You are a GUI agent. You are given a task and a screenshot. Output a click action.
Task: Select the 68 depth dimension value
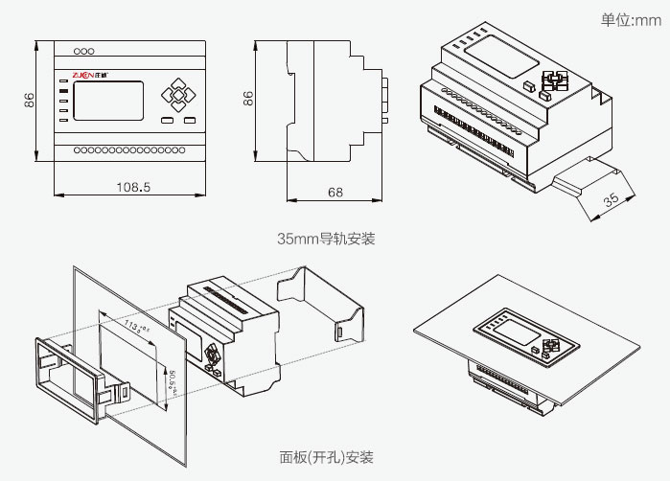pos(335,192)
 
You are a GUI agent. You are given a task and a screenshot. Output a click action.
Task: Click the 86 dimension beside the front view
pos(29,101)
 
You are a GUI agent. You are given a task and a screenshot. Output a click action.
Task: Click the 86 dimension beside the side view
pos(247,98)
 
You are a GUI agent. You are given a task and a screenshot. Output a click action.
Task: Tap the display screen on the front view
pos(107,100)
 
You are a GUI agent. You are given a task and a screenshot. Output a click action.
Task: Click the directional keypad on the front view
pos(175,96)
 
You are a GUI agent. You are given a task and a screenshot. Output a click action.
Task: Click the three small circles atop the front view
pos(84,51)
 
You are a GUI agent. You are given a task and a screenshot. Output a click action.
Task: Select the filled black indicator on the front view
pos(63,81)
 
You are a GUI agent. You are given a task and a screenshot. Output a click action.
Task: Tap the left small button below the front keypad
pos(167,121)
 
